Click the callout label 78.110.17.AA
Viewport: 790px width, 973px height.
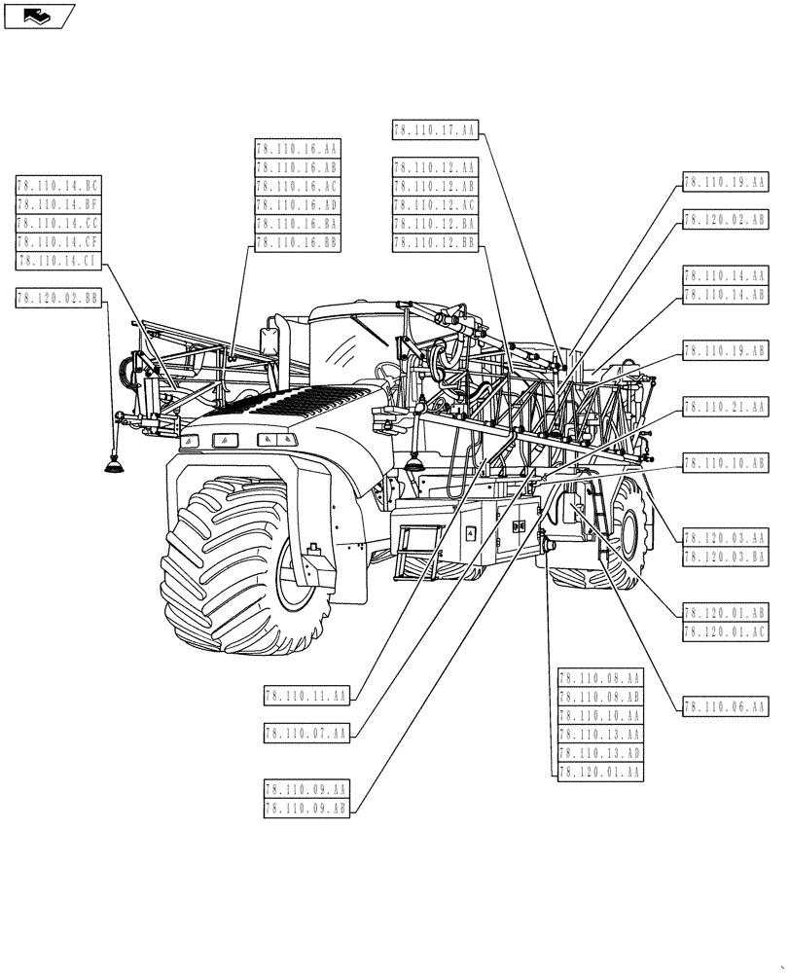pos(435,129)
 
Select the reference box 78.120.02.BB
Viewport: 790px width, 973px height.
pos(58,299)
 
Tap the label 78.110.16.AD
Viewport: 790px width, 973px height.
pos(297,205)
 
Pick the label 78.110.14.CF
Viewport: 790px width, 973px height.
pos(58,241)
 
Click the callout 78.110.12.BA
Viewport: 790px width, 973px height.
pos(435,224)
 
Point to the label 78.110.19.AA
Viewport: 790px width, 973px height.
pos(726,181)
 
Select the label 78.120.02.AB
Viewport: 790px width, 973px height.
pos(726,220)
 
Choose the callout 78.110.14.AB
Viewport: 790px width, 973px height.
pos(726,294)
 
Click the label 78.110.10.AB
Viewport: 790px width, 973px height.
pos(726,464)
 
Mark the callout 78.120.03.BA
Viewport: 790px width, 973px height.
pos(726,556)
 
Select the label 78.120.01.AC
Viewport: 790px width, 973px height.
pos(726,631)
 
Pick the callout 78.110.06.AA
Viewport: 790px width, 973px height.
pos(726,706)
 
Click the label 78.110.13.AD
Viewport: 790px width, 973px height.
pos(600,753)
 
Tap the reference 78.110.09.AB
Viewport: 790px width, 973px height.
pos(305,807)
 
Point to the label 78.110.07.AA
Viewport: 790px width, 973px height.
pos(305,733)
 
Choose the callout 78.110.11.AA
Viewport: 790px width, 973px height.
pos(305,696)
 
